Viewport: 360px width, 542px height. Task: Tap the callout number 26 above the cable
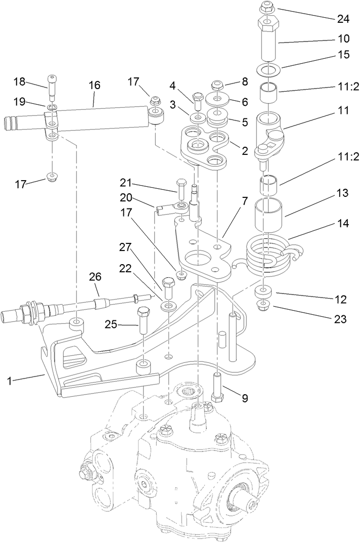pos(95,277)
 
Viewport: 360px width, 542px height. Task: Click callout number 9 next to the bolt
pos(245,398)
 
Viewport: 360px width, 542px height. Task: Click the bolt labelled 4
pos(197,99)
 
